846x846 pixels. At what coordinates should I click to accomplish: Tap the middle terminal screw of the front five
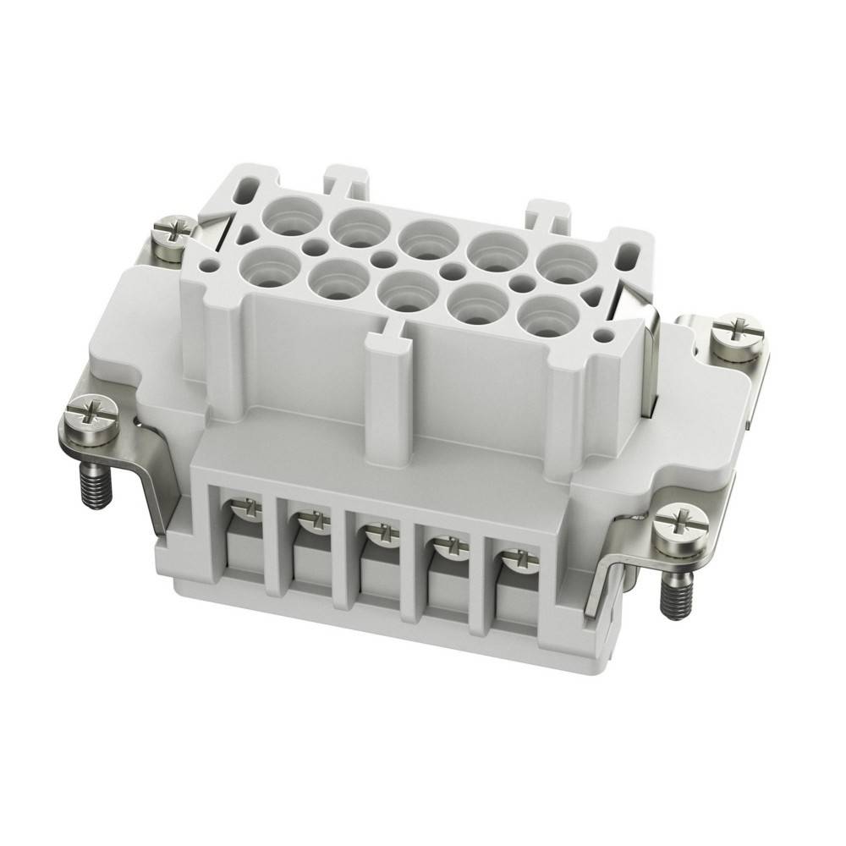378,533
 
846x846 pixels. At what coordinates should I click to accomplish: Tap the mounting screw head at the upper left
172,233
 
